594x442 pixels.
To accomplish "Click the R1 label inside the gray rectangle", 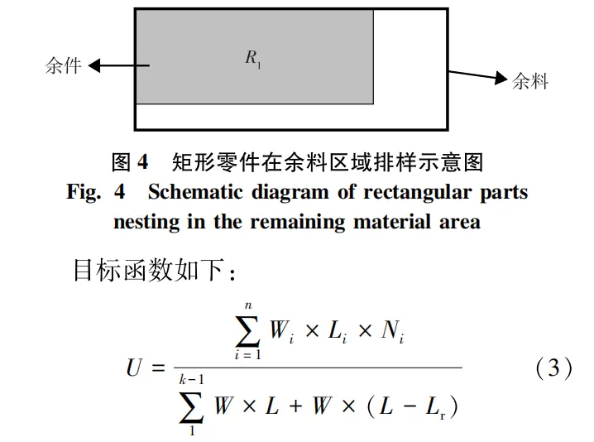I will point(253,58).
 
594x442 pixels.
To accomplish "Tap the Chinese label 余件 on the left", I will point(63,65).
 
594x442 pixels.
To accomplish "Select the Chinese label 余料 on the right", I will point(530,81).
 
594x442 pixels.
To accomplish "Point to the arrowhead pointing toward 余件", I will point(93,65).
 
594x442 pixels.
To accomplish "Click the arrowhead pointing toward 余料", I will point(500,78).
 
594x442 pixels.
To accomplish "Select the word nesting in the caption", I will point(144,222).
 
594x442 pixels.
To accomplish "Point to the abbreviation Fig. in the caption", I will point(84,192).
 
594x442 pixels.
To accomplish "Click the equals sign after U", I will point(160,368).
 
